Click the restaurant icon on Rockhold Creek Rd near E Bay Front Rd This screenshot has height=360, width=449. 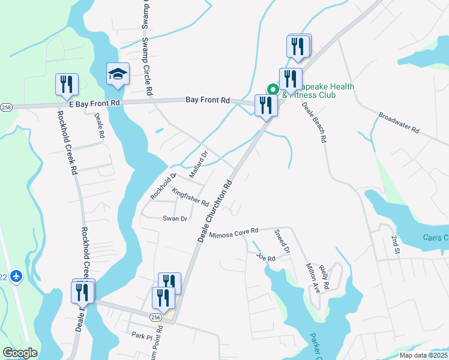coord(67,85)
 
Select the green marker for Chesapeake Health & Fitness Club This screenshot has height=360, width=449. coord(273,89)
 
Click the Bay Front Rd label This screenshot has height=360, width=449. coord(208,100)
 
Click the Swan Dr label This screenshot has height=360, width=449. coord(175,219)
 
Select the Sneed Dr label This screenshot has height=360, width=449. coord(282,241)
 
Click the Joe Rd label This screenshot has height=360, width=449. coord(265,258)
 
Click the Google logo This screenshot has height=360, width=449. coord(20,353)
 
